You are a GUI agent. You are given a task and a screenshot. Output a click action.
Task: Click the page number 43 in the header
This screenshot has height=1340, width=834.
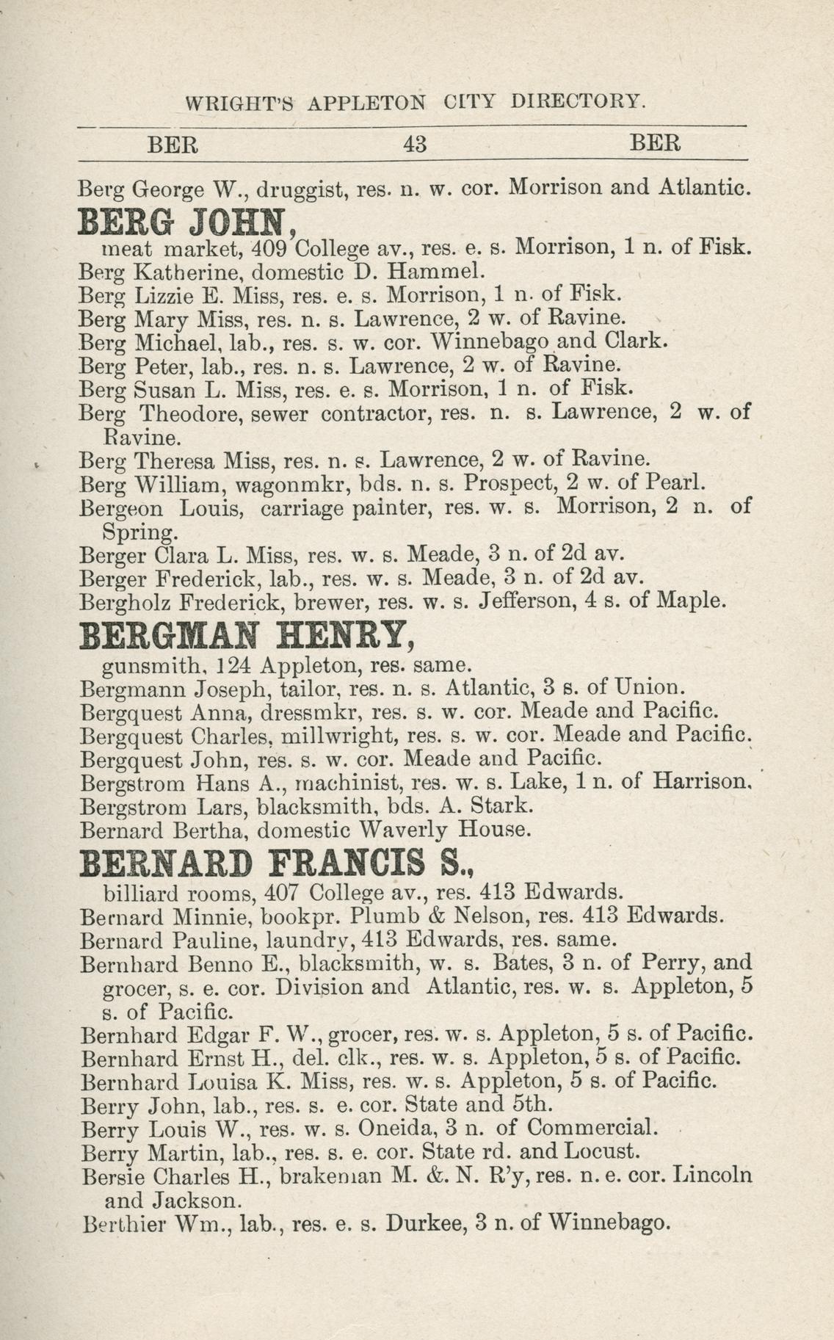pos(415,143)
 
